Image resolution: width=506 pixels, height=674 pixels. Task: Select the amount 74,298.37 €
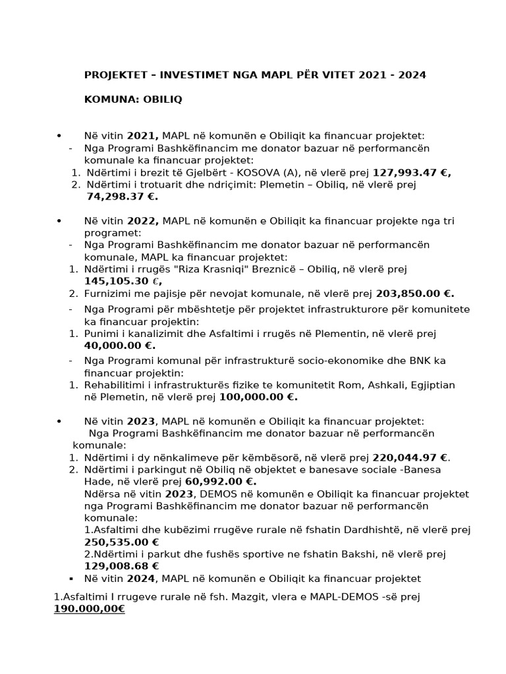(122, 196)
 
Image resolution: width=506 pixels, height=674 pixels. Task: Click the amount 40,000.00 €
(119, 345)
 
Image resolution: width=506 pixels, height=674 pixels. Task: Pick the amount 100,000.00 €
(258, 396)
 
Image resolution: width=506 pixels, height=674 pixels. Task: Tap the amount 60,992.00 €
(216, 481)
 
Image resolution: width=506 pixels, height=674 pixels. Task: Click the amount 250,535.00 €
(121, 542)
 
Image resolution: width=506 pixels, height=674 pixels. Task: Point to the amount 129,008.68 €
(121, 565)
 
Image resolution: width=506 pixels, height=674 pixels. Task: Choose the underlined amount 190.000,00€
(89, 609)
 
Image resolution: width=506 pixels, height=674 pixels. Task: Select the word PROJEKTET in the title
(115, 75)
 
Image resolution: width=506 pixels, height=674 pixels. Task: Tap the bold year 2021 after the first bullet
(143, 136)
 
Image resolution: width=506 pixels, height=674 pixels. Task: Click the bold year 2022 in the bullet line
(143, 220)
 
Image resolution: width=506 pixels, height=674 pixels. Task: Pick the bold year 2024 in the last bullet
(142, 579)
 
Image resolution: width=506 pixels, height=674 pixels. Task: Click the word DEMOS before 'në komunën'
(215, 494)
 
